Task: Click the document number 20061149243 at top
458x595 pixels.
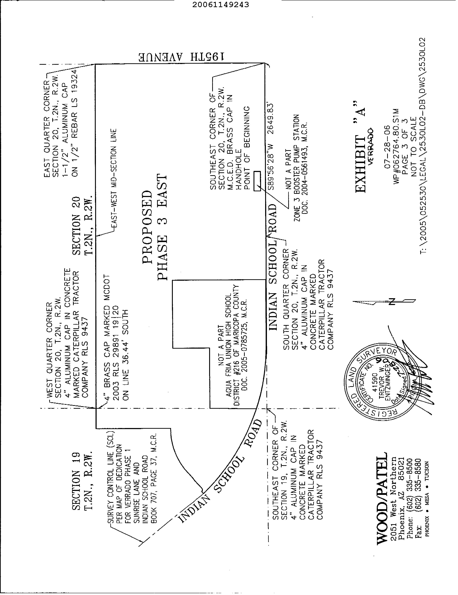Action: (221, 5)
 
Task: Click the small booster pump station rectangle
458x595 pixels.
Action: (257, 181)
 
